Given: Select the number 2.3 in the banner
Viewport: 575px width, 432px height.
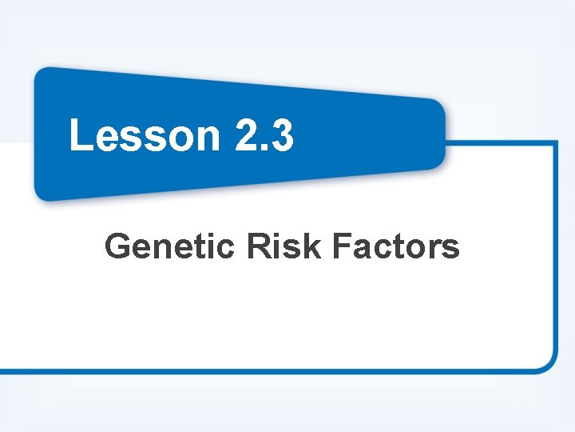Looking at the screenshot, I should pyautogui.click(x=265, y=134).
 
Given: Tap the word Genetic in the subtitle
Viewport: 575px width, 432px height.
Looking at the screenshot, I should pyautogui.click(x=169, y=246).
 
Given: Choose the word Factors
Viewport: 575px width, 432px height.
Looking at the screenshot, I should pyautogui.click(x=395, y=246).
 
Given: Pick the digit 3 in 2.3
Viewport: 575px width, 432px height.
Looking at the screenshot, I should pyautogui.click(x=282, y=134).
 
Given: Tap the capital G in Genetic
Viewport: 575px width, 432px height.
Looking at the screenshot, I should pyautogui.click(x=117, y=246).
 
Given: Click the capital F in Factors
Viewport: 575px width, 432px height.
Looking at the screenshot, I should pyautogui.click(x=339, y=246).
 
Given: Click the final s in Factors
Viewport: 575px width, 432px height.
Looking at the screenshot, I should pyautogui.click(x=451, y=250).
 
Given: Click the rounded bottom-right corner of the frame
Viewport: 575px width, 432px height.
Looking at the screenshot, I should pyautogui.click(x=548, y=363).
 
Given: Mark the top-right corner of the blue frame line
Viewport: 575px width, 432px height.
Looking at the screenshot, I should pyautogui.click(x=555, y=144).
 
